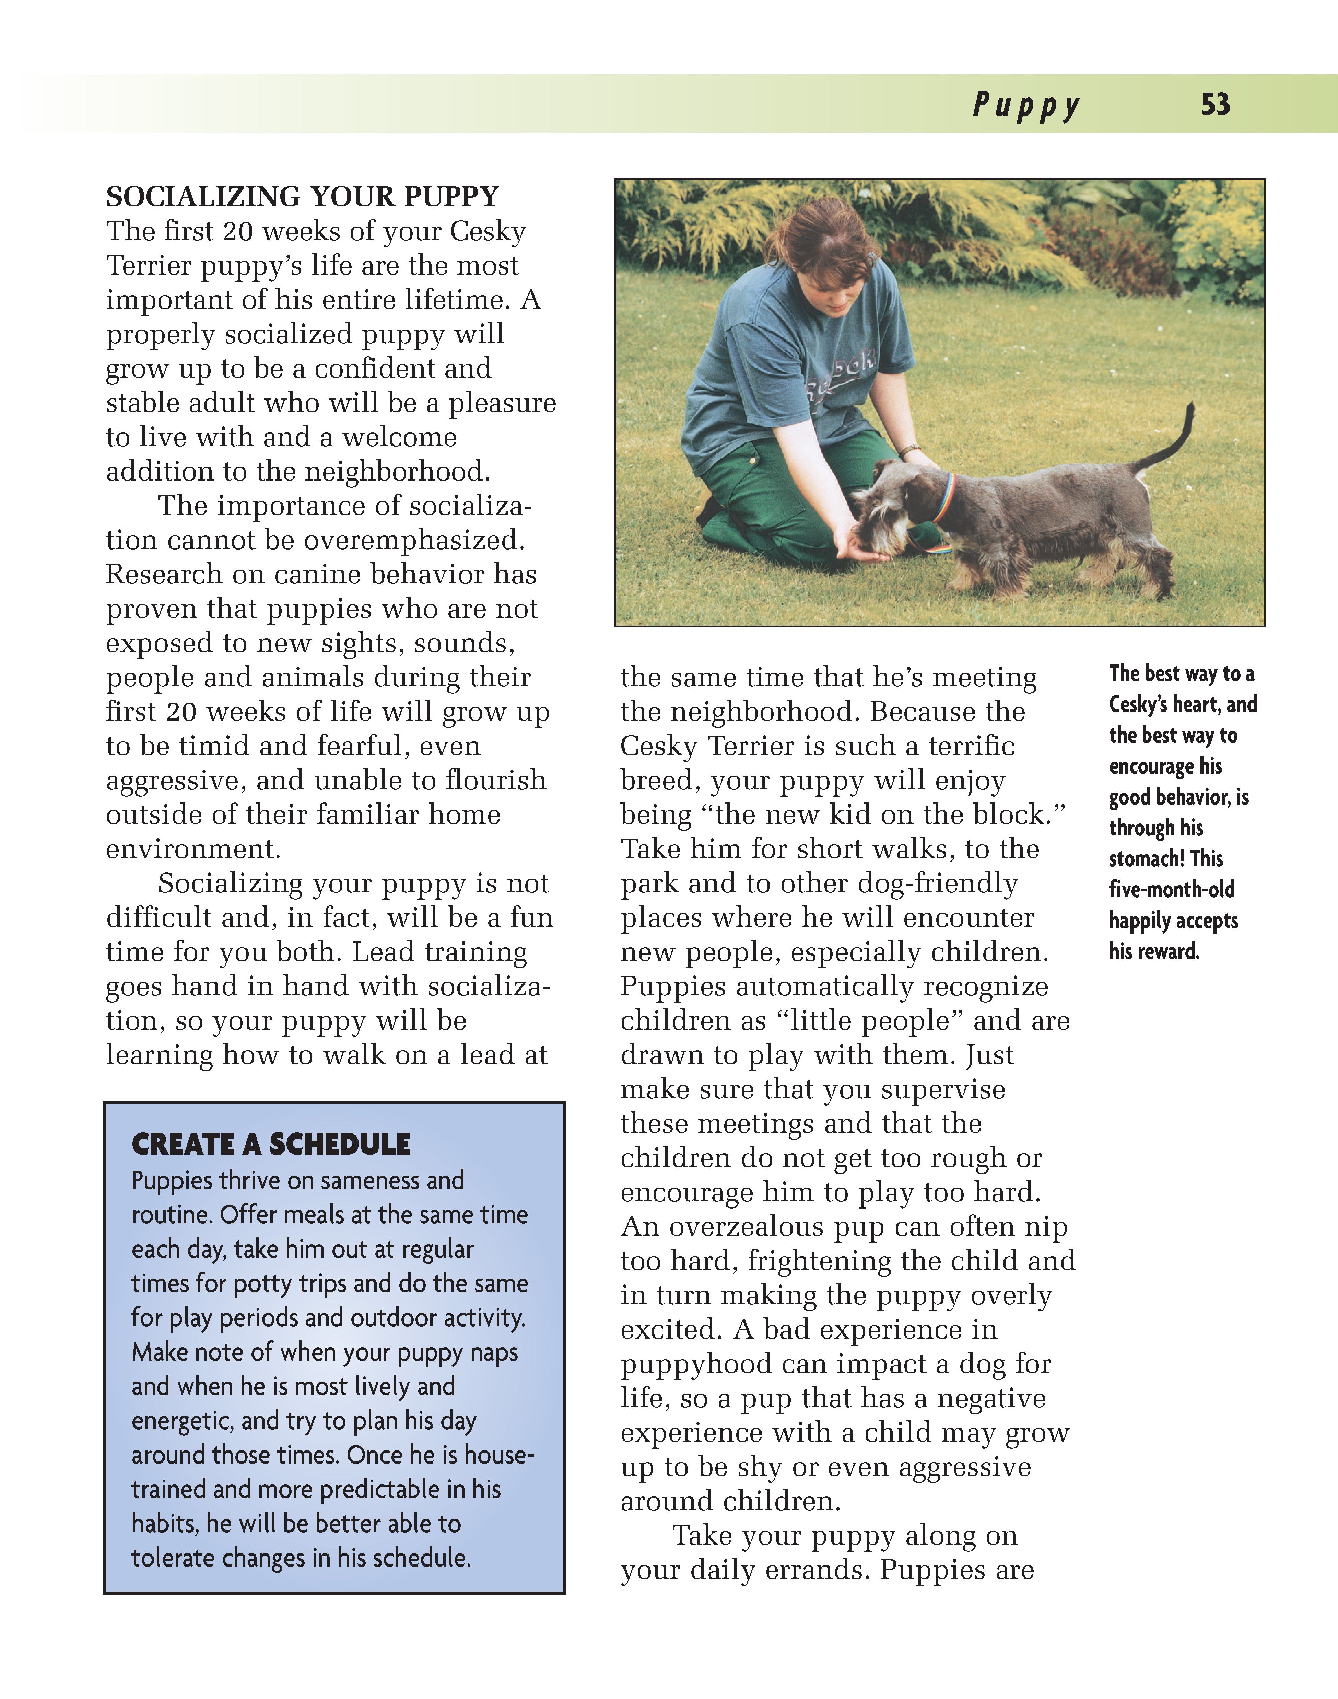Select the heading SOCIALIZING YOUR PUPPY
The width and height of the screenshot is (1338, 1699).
302,196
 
